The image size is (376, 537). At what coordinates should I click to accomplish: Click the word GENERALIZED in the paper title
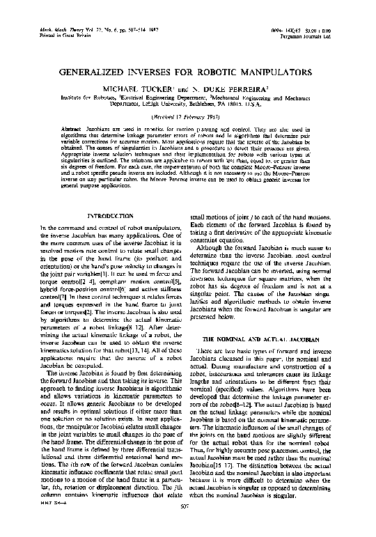coord(96,72)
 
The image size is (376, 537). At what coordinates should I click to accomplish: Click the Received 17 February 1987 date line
coord(188,118)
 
